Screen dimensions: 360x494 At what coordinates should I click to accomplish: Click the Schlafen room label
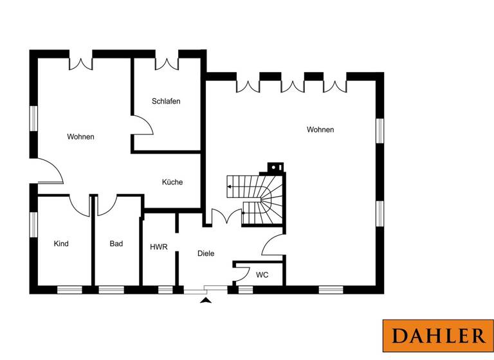click(x=166, y=102)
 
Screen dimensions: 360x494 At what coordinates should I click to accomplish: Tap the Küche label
click(x=172, y=182)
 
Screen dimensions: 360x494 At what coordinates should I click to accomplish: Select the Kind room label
click(x=61, y=244)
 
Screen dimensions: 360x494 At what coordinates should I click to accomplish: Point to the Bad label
click(x=116, y=244)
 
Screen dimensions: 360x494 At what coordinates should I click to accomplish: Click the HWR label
click(x=158, y=247)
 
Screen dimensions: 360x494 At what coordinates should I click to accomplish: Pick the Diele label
click(x=205, y=253)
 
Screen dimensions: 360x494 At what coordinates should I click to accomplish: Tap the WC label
click(x=262, y=275)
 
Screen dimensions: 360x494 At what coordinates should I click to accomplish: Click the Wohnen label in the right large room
click(x=320, y=130)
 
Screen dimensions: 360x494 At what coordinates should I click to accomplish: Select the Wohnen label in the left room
click(x=81, y=136)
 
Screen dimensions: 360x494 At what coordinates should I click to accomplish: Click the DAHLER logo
click(x=439, y=336)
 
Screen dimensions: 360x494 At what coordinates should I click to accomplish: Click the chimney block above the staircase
click(x=275, y=168)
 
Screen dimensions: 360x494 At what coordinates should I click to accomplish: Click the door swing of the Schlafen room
click(x=143, y=125)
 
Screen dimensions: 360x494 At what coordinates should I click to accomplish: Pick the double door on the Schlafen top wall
click(x=167, y=62)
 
